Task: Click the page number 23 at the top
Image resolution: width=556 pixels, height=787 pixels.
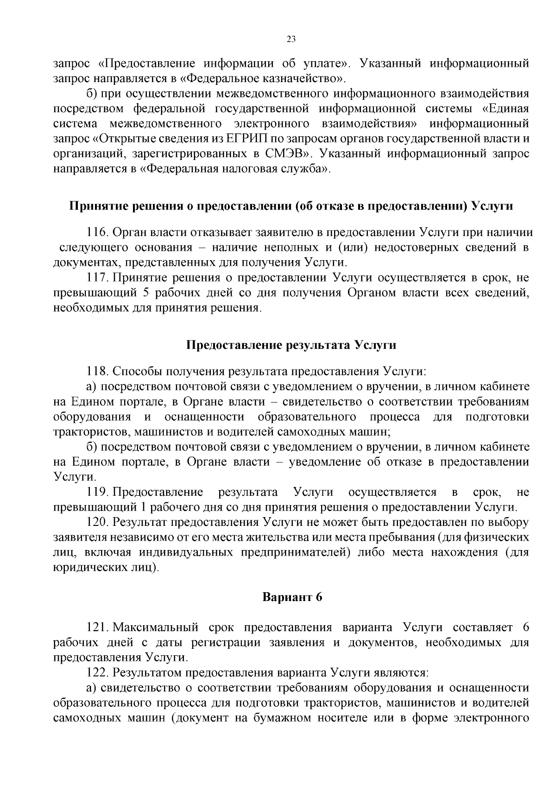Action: [291, 39]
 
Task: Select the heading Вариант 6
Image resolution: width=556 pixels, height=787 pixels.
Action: [292, 597]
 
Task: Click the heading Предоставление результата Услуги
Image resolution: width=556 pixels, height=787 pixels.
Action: [291, 345]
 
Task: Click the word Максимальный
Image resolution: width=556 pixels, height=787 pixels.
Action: [156, 627]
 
